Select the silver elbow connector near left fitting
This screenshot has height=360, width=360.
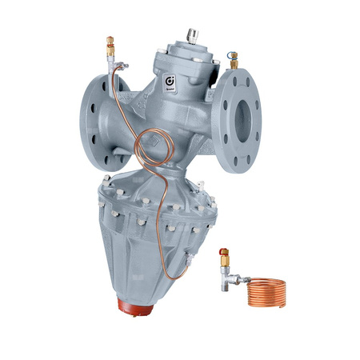tap(118, 65)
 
